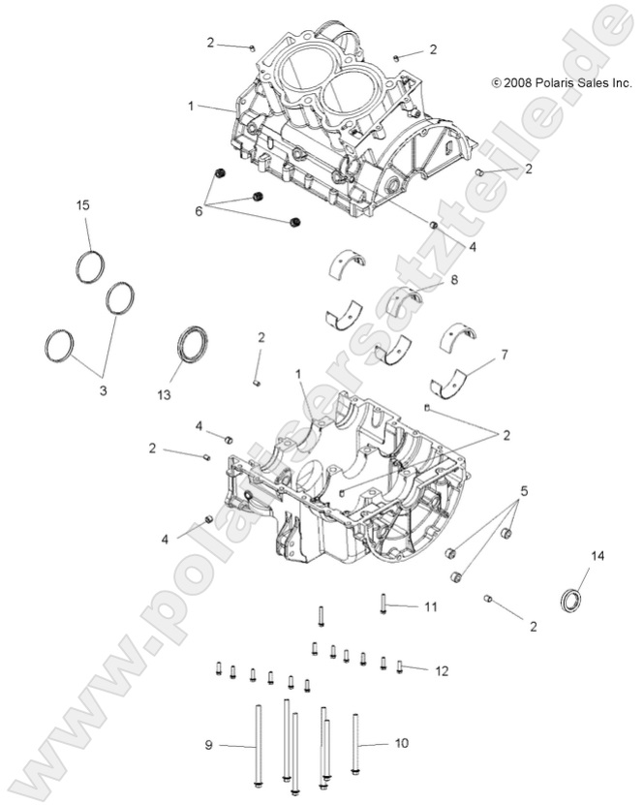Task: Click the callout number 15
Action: click(x=83, y=204)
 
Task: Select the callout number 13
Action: click(x=176, y=395)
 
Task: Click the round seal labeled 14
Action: click(x=573, y=600)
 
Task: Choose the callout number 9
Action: click(x=207, y=745)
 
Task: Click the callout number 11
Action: click(x=430, y=606)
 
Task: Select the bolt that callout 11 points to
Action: click(x=384, y=604)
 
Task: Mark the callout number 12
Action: click(x=441, y=669)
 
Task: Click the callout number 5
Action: click(x=525, y=490)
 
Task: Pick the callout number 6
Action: click(x=199, y=210)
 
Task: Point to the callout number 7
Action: click(x=502, y=356)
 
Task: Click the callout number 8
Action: click(x=452, y=280)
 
